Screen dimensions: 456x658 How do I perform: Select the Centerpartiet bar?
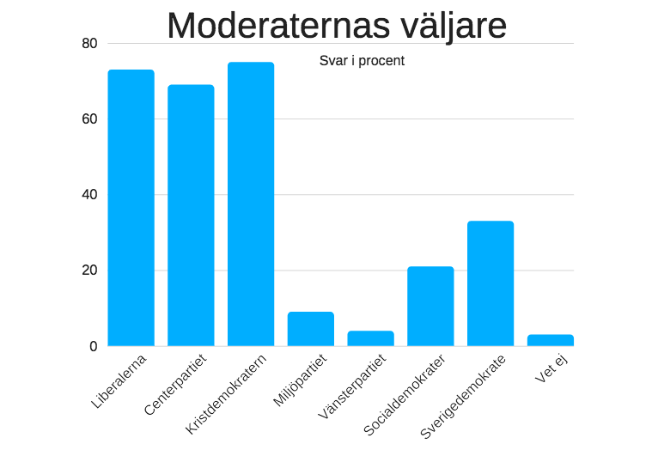[x=191, y=215]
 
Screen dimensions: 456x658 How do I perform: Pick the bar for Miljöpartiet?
[x=311, y=329]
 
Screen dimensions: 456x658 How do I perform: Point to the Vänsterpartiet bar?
[x=370, y=338]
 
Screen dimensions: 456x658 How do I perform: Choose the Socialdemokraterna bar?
[x=430, y=307]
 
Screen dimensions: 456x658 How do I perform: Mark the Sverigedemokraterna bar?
[x=490, y=283]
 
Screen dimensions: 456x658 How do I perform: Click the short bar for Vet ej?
[x=551, y=340]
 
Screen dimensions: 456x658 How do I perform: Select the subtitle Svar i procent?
[x=362, y=61]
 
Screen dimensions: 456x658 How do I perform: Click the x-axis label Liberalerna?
[x=119, y=380]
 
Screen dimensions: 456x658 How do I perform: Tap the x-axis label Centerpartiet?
[x=176, y=383]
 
